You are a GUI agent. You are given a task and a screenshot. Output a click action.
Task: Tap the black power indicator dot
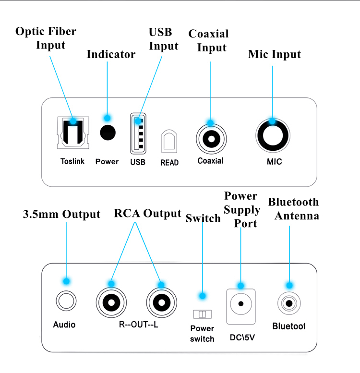tap(108, 132)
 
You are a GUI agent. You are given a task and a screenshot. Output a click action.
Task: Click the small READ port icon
tap(169, 142)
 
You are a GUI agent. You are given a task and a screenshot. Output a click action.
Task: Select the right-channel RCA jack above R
tap(111, 302)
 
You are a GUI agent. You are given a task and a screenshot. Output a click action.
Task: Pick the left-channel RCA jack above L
tap(161, 302)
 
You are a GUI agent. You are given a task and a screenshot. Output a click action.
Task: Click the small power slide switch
tap(202, 313)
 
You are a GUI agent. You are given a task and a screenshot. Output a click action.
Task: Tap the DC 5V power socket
tap(240, 304)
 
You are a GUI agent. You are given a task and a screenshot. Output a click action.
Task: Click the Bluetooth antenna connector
tap(289, 304)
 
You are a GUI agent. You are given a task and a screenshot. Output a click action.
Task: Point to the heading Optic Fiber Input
tap(46, 38)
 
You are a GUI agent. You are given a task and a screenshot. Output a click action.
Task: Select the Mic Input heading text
tap(274, 54)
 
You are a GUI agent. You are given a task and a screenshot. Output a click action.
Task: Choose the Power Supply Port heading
tap(242, 210)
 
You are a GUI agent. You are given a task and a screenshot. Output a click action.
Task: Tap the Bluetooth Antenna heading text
tap(293, 209)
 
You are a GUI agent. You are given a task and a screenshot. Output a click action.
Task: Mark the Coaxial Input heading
tap(209, 41)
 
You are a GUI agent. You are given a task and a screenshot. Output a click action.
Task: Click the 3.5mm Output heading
tap(62, 214)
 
